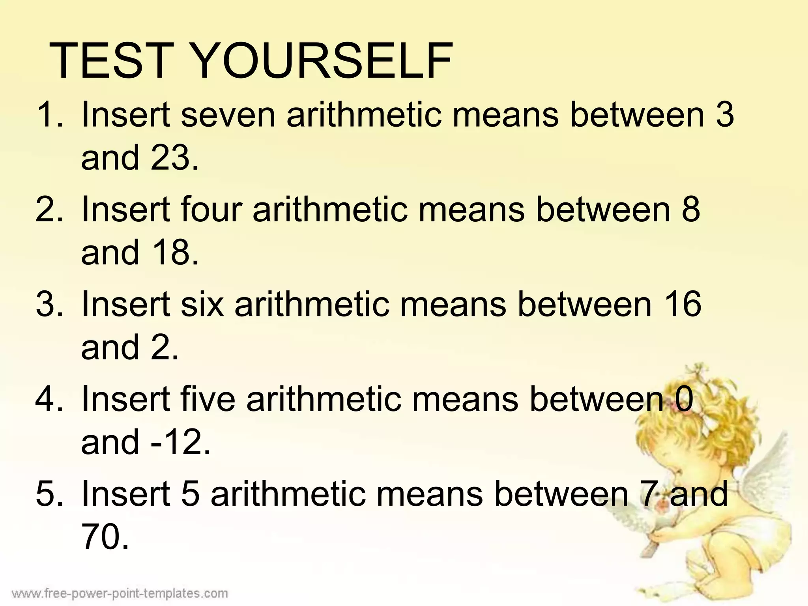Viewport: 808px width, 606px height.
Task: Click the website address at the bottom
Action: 120,593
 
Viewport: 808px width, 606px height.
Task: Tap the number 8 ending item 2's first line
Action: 690,209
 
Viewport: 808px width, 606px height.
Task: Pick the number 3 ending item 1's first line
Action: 724,115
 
